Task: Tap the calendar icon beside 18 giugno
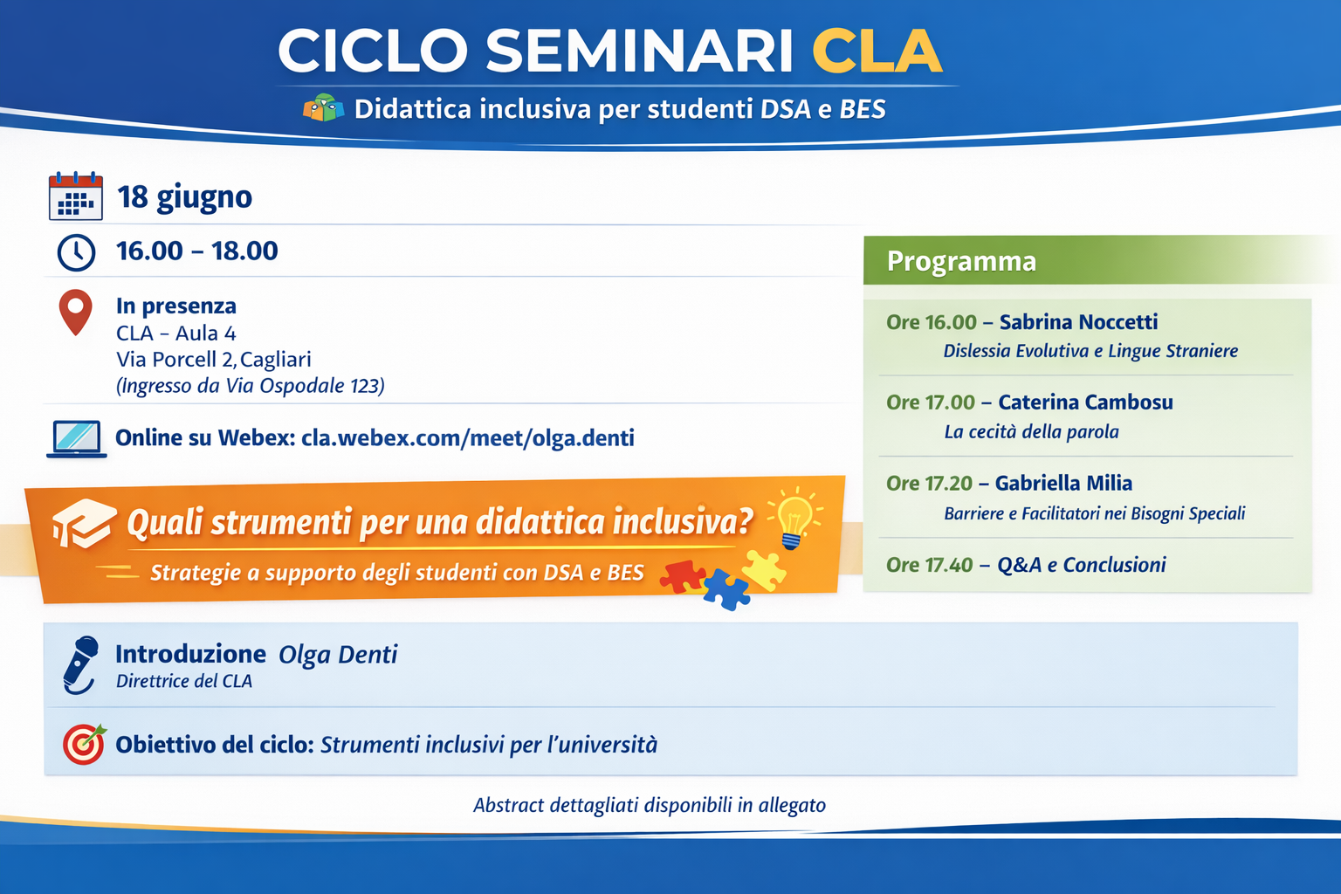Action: pos(75,196)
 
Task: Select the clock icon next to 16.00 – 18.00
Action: pos(76,252)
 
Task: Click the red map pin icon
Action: pos(75,312)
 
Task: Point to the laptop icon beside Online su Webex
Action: pos(77,439)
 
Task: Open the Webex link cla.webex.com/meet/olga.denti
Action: pos(468,438)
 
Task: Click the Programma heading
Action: pos(961,261)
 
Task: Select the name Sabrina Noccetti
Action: pos(1079,322)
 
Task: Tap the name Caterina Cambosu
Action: pos(1085,402)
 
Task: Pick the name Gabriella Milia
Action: pos(1064,483)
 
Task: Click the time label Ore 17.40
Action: pos(930,565)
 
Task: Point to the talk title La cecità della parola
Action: pos(1031,432)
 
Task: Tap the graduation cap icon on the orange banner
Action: pos(84,523)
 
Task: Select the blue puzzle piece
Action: pos(726,589)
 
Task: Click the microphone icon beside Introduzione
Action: pos(81,664)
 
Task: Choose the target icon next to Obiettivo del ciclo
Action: pos(85,745)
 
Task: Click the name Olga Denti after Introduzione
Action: pos(338,655)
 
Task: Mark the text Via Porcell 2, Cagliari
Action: pos(214,360)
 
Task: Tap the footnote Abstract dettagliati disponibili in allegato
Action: pos(650,805)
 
